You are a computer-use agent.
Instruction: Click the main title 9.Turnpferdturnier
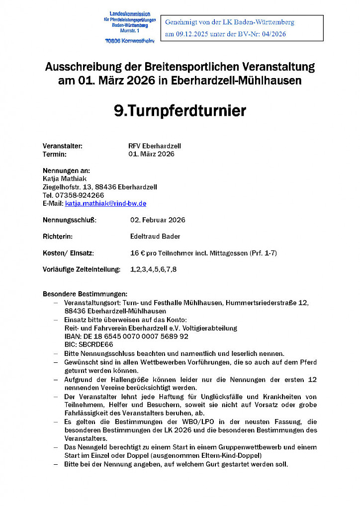coord(180,110)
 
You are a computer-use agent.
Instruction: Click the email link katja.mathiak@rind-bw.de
coord(105,203)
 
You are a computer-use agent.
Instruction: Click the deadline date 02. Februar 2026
coord(157,220)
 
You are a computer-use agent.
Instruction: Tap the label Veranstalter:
coord(62,146)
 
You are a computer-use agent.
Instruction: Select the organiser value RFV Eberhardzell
coord(154,146)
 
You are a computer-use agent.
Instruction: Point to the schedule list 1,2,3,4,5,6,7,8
coord(153,269)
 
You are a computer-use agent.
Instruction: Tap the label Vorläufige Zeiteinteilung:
coord(82,269)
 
